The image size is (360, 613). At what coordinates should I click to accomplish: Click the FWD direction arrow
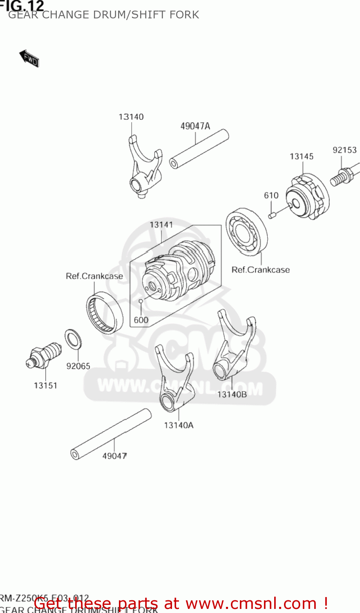tap(29, 58)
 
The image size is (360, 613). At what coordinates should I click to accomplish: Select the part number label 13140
tap(131, 117)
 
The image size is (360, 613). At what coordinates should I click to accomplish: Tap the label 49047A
tap(195, 126)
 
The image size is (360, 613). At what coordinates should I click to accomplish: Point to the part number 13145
tap(301, 157)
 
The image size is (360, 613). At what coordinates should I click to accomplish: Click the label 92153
tap(344, 150)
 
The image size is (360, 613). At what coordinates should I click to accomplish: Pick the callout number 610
tap(271, 195)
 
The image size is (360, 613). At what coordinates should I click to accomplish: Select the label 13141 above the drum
tap(161, 225)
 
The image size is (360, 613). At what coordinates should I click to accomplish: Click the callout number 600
tap(141, 320)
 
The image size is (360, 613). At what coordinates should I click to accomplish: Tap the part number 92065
tap(78, 366)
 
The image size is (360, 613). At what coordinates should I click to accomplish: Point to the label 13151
tap(45, 385)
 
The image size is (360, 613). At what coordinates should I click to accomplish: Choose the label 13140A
tap(179, 425)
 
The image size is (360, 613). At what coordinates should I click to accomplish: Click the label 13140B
tap(232, 394)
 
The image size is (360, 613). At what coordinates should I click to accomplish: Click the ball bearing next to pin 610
tap(246, 231)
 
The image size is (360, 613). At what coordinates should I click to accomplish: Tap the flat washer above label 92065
tap(73, 339)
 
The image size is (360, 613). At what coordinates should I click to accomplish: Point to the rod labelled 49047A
tap(199, 149)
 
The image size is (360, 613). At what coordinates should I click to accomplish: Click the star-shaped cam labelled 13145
tap(306, 196)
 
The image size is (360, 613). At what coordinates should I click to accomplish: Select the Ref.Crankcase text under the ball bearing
tap(260, 270)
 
